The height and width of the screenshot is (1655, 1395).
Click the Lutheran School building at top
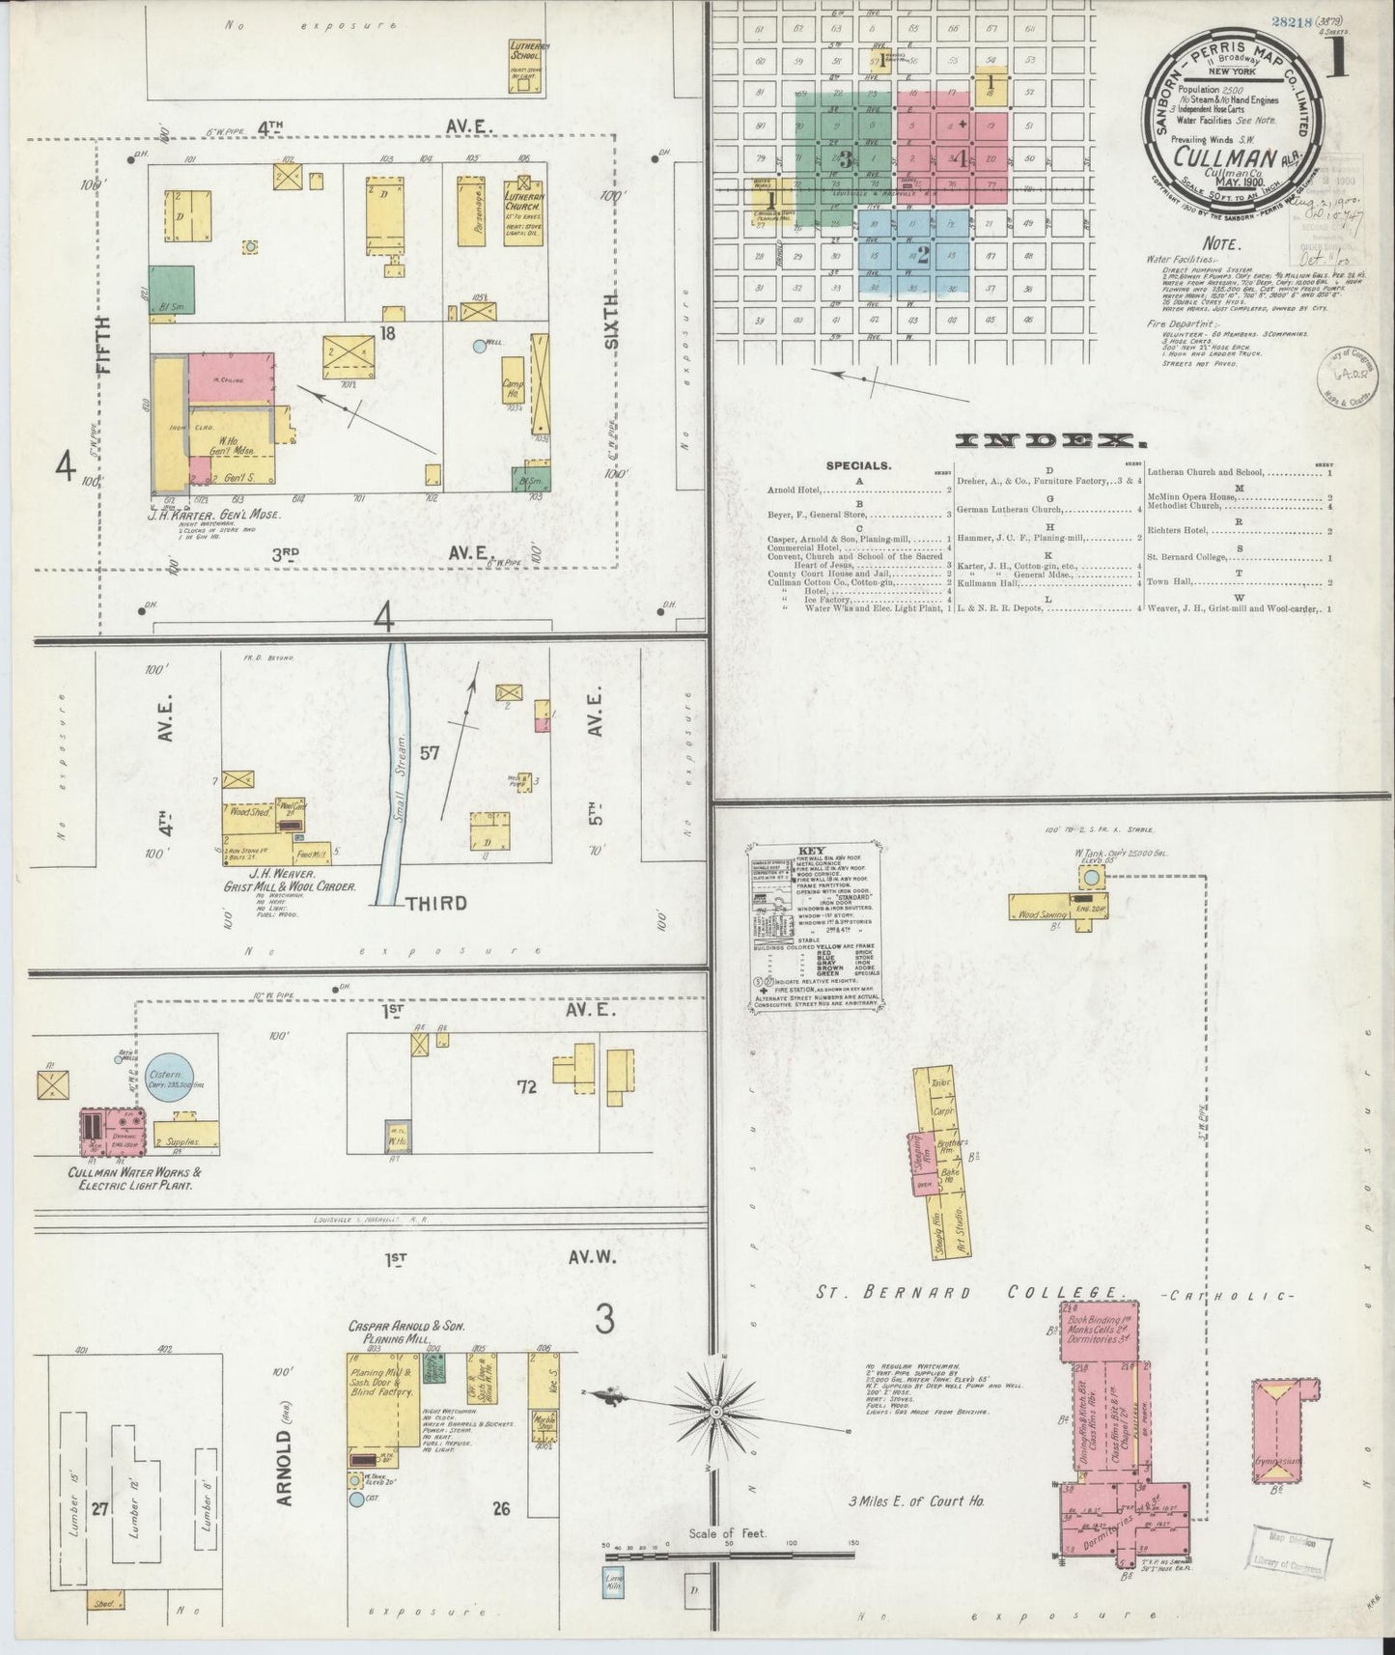525,66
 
